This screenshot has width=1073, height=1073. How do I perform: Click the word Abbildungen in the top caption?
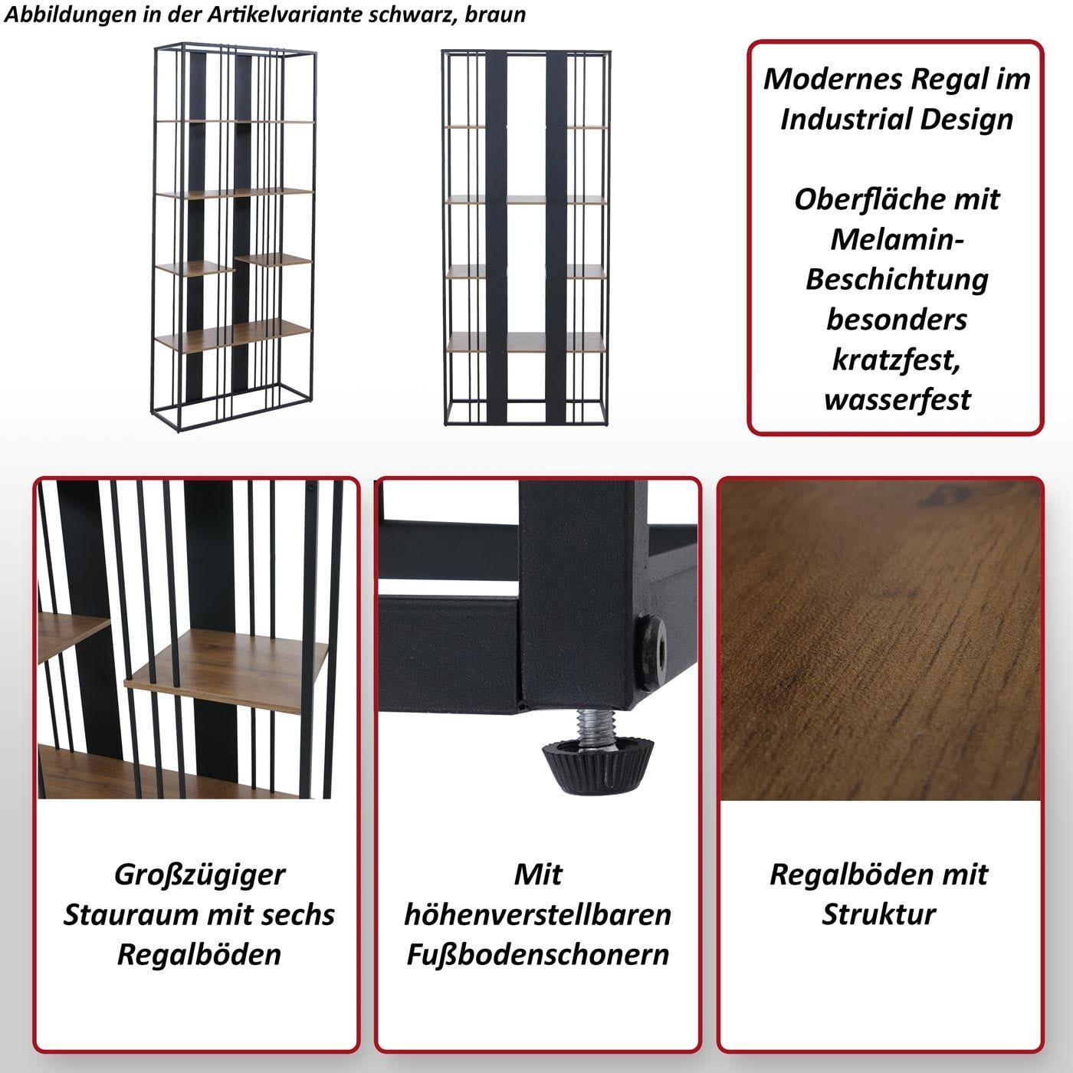[54, 15]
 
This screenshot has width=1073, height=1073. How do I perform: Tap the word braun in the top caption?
[495, 15]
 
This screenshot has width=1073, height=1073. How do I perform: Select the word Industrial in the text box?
[846, 119]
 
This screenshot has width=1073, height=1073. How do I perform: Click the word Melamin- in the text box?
[897, 239]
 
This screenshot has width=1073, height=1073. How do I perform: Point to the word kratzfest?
[897, 359]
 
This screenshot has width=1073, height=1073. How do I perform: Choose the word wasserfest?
[897, 400]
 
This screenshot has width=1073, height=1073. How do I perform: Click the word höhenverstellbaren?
[537, 915]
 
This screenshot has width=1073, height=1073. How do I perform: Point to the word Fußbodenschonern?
[537, 955]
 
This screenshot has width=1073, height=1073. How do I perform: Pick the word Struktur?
[878, 915]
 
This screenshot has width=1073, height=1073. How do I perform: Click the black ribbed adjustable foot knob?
[597, 763]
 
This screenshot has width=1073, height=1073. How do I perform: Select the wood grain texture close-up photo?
[880, 641]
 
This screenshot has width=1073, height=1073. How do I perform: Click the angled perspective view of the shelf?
[234, 237]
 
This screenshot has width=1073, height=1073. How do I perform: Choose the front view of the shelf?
[525, 238]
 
